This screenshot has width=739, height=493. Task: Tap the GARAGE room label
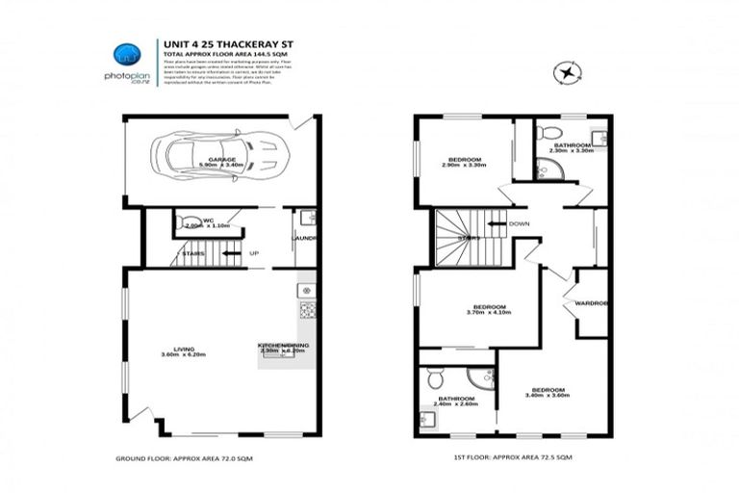[222, 159]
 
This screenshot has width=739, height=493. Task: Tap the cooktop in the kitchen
[307, 310]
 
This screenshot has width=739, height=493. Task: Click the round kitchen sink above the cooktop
[307, 290]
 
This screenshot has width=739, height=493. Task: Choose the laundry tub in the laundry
[306, 218]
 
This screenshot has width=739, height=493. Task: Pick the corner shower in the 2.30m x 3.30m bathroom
[549, 171]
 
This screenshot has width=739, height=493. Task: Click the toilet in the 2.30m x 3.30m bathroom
[545, 132]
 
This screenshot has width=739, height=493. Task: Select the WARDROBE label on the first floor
[593, 303]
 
